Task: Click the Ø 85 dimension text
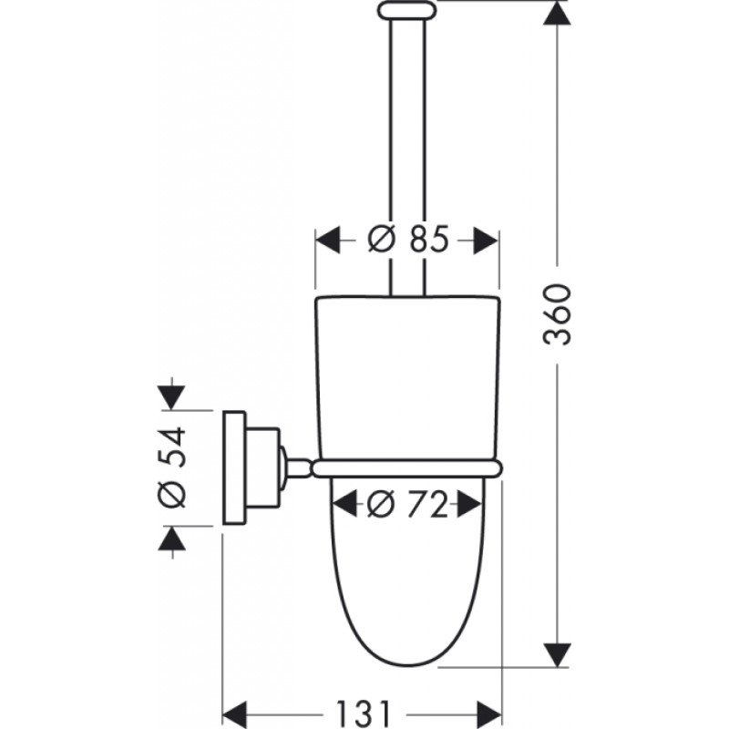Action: coord(408,240)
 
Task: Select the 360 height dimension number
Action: coord(557,314)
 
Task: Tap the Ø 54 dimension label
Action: coord(172,467)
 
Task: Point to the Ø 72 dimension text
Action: coord(406,505)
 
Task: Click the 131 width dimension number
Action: coord(364,714)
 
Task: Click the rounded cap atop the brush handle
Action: coord(407,11)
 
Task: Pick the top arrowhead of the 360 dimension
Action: coord(557,13)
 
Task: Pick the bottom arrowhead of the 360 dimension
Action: coord(557,655)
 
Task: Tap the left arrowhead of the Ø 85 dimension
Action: coord(328,241)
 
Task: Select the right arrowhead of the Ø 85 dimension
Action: coord(486,241)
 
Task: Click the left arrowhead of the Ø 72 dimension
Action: coord(344,504)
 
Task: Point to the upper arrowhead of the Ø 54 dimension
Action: coord(172,397)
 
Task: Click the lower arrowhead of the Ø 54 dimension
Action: coord(172,539)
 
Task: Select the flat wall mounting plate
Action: coord(234,467)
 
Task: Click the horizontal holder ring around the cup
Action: coord(407,468)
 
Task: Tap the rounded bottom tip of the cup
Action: coord(407,665)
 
